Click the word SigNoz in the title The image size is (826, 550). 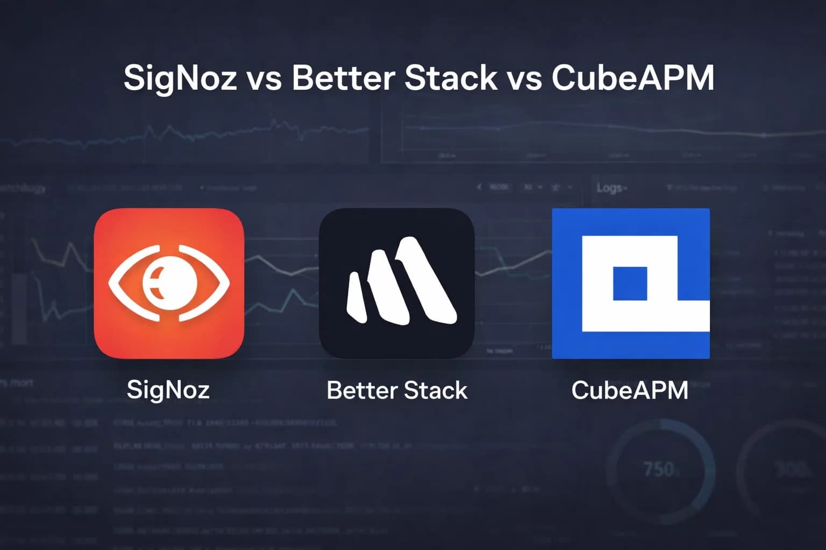pos(180,78)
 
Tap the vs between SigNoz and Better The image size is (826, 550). pos(264,78)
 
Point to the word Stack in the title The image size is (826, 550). pos(451,77)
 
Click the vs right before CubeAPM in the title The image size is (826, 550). pos(524,78)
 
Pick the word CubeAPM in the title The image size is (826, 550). pos(633,77)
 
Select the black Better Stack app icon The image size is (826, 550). pos(396,226)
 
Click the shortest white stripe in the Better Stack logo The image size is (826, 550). pos(356,298)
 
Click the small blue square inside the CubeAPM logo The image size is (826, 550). pos(630,283)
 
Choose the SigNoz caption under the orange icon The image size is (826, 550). pos(168,390)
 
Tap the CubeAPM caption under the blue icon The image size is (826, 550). pos(630,390)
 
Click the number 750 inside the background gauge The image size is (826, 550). pos(658,469)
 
